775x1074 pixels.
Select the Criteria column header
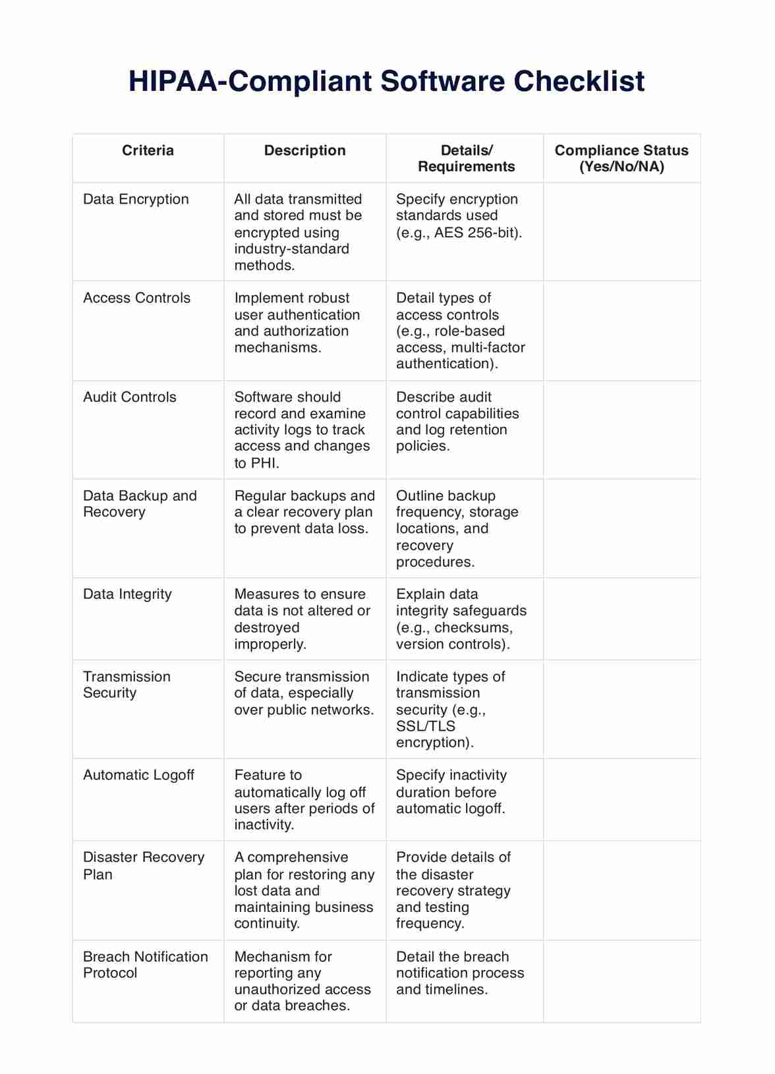(148, 150)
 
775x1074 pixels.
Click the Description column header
(304, 150)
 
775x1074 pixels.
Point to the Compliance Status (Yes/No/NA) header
(621, 158)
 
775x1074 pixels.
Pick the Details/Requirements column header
(466, 158)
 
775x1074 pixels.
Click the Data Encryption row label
(136, 199)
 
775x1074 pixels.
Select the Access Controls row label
(136, 298)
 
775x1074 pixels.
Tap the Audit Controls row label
(130, 397)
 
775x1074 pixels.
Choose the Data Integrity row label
(127, 594)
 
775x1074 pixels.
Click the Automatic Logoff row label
(138, 775)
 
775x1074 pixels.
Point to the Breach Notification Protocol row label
(145, 964)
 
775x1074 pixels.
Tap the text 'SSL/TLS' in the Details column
(426, 726)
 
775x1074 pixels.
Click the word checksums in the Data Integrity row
(473, 627)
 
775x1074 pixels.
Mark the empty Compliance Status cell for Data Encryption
(621, 232)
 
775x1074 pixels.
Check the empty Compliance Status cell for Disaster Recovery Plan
(621, 890)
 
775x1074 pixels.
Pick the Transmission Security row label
(127, 684)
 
